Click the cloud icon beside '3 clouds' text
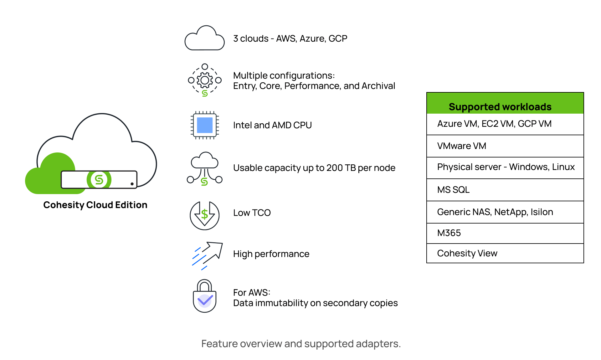click(x=204, y=39)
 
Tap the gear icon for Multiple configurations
click(x=205, y=80)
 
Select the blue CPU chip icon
click(x=205, y=125)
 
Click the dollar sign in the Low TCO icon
click(x=205, y=214)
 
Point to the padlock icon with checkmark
click(x=205, y=296)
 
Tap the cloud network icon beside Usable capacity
click(x=205, y=168)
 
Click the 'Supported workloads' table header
click(x=500, y=107)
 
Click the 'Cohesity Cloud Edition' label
click(x=95, y=205)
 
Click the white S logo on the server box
click(x=99, y=180)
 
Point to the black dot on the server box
click(x=132, y=184)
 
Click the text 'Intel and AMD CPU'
click(x=272, y=125)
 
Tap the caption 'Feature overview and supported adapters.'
click(x=301, y=344)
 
